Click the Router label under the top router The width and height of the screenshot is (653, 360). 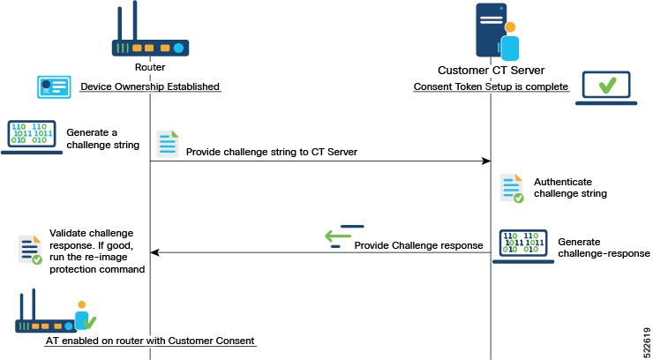tap(150, 67)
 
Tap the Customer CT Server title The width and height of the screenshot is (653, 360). tap(491, 71)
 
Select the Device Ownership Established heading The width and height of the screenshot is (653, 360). tap(150, 86)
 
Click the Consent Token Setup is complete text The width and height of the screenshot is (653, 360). tap(491, 86)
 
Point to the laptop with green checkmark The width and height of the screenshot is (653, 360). tap(606, 88)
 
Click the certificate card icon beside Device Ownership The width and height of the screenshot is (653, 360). tap(54, 87)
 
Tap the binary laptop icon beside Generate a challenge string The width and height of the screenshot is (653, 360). tap(32, 137)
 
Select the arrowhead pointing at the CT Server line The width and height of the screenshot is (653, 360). tap(486, 161)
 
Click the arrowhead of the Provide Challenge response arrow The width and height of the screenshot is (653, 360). tap(155, 252)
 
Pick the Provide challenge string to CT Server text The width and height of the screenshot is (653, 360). tap(272, 152)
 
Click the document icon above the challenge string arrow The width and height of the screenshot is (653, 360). tap(168, 144)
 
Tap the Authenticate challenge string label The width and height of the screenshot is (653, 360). tap(570, 188)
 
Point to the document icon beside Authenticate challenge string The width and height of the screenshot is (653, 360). tap(512, 188)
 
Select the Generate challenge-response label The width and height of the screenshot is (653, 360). tap(604, 248)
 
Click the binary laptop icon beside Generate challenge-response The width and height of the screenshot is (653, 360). tap(523, 246)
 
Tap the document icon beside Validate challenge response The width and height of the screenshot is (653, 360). tap(30, 250)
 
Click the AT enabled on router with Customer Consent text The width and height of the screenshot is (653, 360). tap(150, 341)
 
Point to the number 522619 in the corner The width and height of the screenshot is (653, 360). tap(647, 341)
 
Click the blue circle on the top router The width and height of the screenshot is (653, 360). tap(178, 49)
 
